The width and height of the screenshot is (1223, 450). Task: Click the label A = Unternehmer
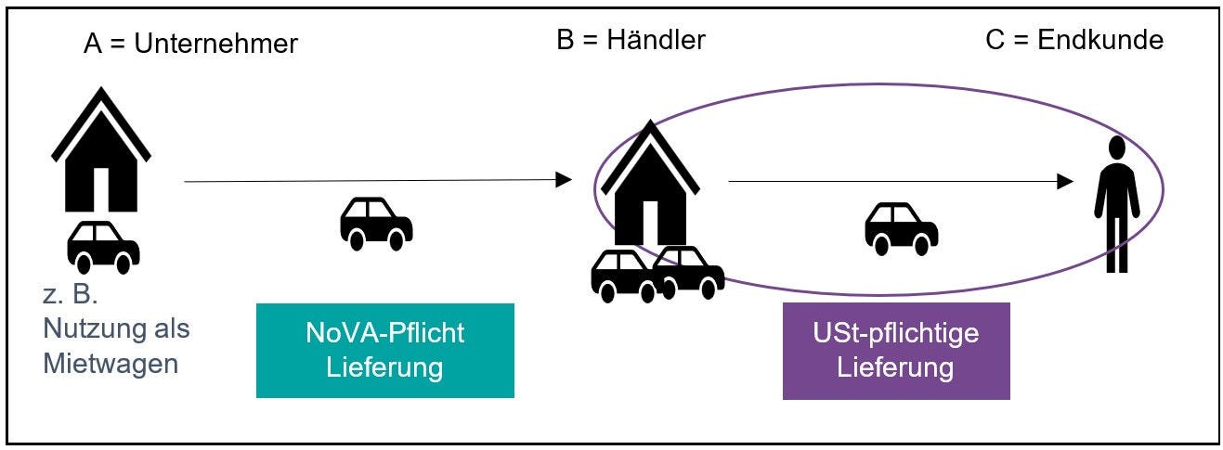[x=191, y=44]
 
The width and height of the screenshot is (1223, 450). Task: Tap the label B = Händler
[x=631, y=40]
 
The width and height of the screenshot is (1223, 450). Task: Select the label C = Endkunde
[x=1073, y=40]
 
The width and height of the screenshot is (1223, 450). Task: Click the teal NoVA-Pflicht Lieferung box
[x=384, y=351]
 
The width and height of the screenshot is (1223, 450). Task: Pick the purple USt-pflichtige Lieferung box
[x=895, y=351]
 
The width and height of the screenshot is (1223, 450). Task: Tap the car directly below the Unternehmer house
[x=103, y=245]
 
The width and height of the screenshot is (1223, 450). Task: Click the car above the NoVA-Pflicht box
[x=376, y=223]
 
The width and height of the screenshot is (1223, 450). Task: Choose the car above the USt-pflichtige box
[x=901, y=228]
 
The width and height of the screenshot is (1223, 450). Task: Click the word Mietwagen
[x=111, y=363]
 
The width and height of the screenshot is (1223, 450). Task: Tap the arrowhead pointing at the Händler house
[x=564, y=180]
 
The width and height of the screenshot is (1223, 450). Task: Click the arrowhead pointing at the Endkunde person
[x=1065, y=182]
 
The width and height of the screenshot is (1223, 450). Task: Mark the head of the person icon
[x=1116, y=148]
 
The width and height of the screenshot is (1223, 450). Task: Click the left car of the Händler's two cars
[x=625, y=276]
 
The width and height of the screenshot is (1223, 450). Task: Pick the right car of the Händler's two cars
[x=690, y=270]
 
